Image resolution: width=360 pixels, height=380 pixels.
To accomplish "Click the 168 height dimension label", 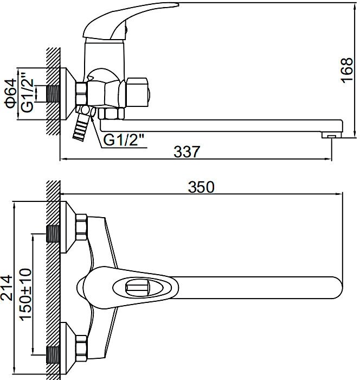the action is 346,70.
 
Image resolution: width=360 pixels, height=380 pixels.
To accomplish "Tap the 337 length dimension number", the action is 187,151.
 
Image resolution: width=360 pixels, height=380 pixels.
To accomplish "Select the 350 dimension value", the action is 201,187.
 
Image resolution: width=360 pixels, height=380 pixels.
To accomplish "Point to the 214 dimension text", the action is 7,288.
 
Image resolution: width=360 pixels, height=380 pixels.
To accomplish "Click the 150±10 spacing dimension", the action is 26,294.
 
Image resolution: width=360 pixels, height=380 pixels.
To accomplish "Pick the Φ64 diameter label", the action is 11,93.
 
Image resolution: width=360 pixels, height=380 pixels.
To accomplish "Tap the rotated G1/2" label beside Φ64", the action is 27,92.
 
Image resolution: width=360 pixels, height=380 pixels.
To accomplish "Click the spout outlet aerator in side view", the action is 331,135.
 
